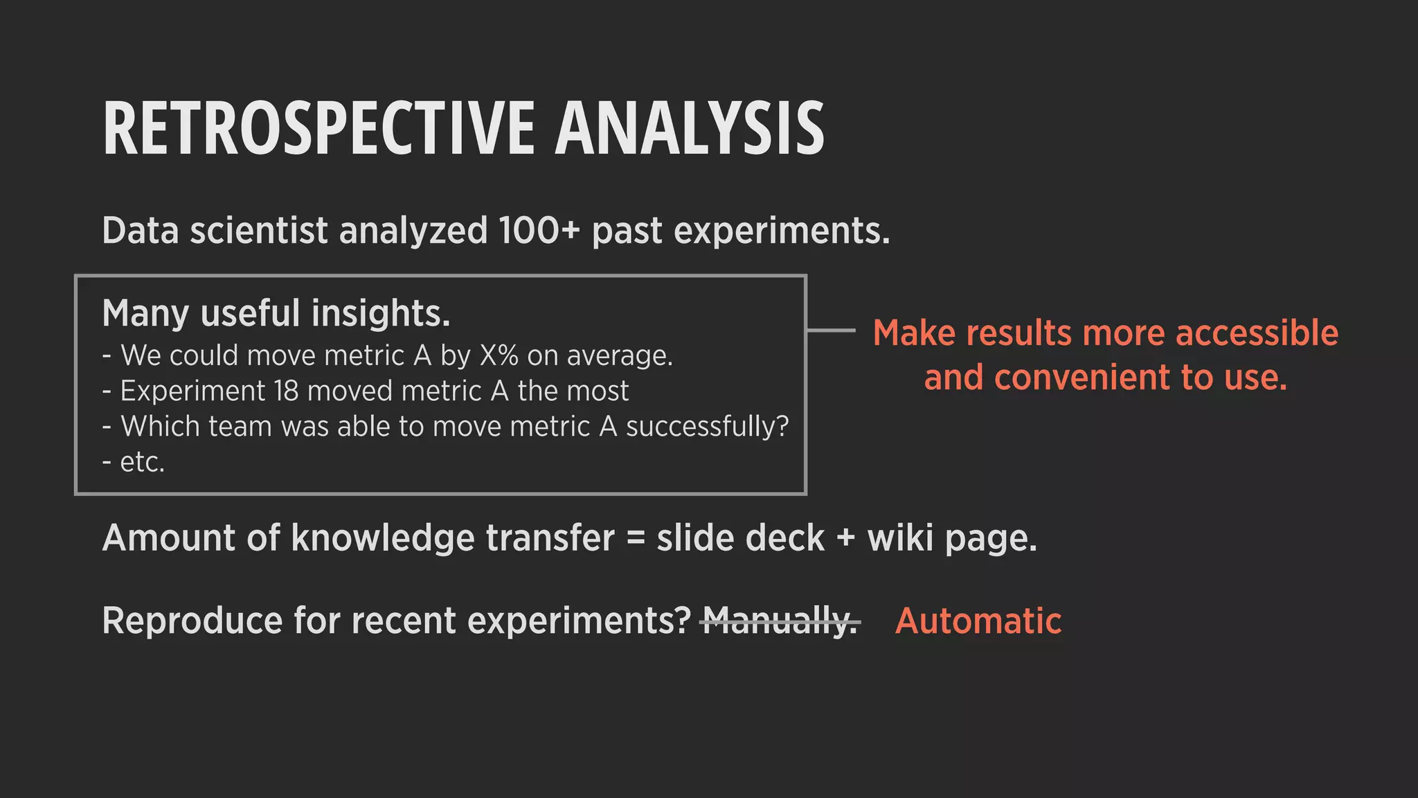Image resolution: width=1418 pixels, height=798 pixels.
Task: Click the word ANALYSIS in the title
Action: point(690,129)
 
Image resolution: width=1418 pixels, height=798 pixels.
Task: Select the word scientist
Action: point(258,231)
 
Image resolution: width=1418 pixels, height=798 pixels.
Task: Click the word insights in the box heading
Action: point(380,313)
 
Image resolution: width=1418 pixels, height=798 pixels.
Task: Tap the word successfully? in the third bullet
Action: point(707,427)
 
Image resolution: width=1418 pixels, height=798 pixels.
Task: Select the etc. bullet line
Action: point(134,462)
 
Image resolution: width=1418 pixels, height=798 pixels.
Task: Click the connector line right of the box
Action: point(832,330)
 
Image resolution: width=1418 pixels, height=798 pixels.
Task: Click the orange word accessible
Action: point(1257,333)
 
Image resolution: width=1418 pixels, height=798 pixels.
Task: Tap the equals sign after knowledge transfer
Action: point(636,538)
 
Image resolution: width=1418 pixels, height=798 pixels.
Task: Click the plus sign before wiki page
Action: point(846,538)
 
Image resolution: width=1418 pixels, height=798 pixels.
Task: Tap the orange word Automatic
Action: point(978,621)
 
